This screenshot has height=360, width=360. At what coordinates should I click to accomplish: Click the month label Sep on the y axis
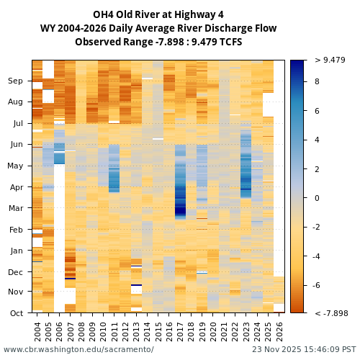[x=15, y=81]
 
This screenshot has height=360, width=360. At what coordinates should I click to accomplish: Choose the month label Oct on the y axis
[x=16, y=313]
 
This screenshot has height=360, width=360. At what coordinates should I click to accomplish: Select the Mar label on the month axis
[x=15, y=208]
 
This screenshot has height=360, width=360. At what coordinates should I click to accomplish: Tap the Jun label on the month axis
[x=16, y=145]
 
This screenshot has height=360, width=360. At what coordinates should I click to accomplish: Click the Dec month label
[x=15, y=272]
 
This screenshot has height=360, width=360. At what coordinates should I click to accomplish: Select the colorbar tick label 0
[x=318, y=198]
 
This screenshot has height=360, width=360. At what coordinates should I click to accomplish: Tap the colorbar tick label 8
[x=318, y=82]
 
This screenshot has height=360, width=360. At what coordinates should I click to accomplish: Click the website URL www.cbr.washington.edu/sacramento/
[x=78, y=349]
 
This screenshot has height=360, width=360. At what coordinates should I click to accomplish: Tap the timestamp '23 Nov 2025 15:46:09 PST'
[x=304, y=349]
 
